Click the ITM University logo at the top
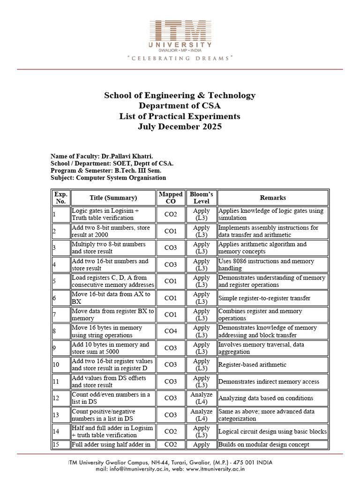coord(180,34)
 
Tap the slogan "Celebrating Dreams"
coord(180,58)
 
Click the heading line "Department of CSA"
coord(180,106)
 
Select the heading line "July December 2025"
coord(180,127)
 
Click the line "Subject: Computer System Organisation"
coord(108,178)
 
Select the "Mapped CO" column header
coord(171,197)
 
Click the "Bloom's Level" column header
coord(201,197)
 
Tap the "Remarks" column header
coord(273,198)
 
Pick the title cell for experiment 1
coord(112,214)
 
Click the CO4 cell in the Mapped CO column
coord(171,331)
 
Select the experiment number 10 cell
coord(60,365)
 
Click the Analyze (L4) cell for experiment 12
coord(201,398)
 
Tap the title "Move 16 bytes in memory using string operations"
coord(112,331)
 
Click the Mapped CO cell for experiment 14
coord(171,431)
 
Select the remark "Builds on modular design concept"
coord(264,444)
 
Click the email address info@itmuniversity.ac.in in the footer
coord(155,468)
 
